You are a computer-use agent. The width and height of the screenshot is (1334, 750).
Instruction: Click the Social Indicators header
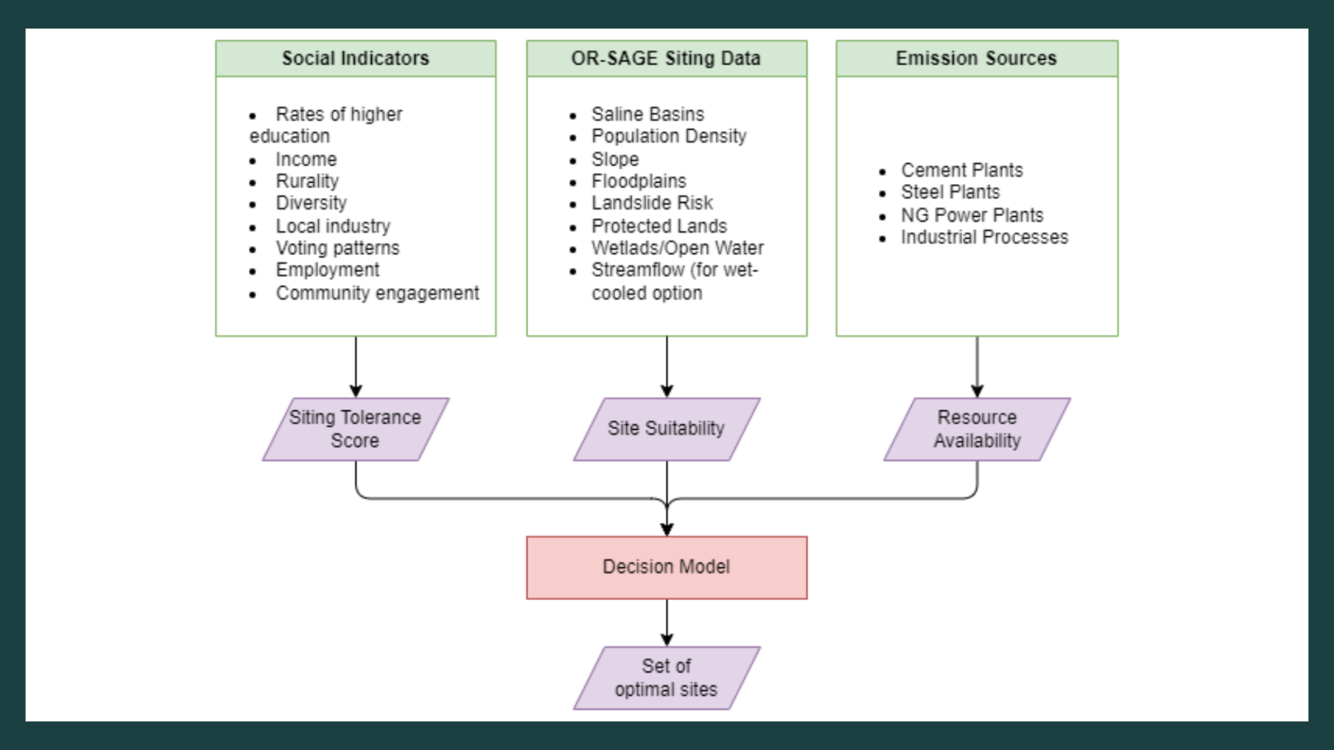tap(355, 58)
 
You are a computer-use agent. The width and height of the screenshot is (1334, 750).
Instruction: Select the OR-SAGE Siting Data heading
tap(666, 58)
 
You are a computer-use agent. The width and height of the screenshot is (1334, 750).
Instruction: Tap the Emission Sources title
tap(976, 58)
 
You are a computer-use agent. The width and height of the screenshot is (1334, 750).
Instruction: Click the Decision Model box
tap(667, 567)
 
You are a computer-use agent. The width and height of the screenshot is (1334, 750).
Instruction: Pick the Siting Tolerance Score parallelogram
tap(356, 429)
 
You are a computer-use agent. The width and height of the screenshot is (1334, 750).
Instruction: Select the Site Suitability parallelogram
tap(667, 429)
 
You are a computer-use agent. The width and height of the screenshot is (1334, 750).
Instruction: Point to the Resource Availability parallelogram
tap(977, 429)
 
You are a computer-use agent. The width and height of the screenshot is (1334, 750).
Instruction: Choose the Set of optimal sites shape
tap(667, 678)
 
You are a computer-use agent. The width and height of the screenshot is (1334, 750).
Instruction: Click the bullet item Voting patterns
tap(338, 248)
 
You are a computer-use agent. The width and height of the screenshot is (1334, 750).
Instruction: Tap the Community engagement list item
tap(377, 293)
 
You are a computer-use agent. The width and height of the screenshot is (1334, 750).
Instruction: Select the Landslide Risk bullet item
tap(652, 203)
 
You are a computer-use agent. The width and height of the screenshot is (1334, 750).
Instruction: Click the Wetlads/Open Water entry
tap(677, 248)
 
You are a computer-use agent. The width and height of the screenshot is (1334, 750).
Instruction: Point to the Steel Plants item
tap(950, 192)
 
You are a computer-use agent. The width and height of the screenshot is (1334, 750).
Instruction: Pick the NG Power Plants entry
tap(972, 215)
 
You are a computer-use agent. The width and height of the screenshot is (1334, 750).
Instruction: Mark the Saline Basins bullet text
tap(648, 114)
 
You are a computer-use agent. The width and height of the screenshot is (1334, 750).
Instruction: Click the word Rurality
tap(307, 181)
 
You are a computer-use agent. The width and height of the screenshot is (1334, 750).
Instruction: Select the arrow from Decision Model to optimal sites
tap(667, 623)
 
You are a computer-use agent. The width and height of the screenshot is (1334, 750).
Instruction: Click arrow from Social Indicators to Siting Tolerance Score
tap(356, 367)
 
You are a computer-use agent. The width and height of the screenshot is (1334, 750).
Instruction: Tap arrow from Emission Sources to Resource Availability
tap(977, 367)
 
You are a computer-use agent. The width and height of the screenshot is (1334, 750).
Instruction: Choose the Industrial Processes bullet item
tap(985, 237)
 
